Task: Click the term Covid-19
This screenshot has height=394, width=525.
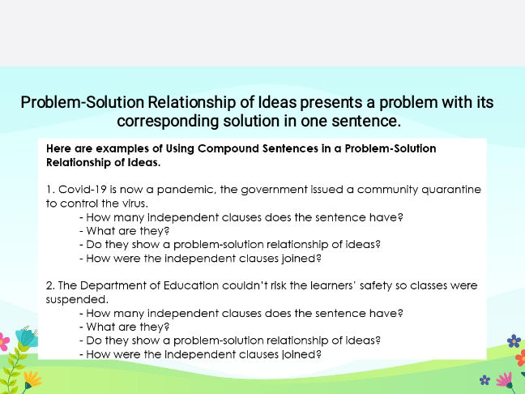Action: tap(83, 189)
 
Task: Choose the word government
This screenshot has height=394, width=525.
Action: tap(274, 190)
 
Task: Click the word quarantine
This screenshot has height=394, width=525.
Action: tap(451, 190)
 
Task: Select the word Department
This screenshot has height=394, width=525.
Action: tap(113, 286)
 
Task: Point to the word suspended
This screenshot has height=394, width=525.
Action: tap(77, 299)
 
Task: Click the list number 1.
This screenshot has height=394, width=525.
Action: tap(50, 189)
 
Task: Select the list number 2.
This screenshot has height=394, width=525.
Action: tap(50, 285)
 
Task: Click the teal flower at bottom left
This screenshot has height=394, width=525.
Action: tap(26, 338)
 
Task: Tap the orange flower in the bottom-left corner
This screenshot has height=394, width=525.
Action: tap(32, 379)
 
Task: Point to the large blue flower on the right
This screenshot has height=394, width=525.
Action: tap(514, 341)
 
